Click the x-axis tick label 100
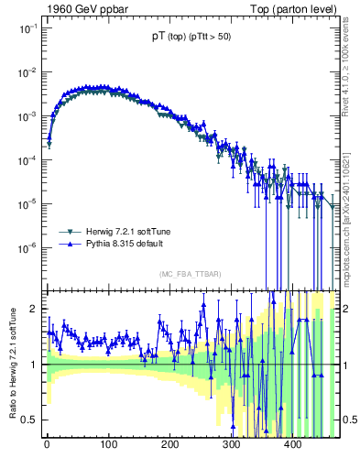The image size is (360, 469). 108,446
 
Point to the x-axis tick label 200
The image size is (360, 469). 169,446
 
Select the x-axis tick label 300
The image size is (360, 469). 231,446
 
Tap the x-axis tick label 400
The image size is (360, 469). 292,446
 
